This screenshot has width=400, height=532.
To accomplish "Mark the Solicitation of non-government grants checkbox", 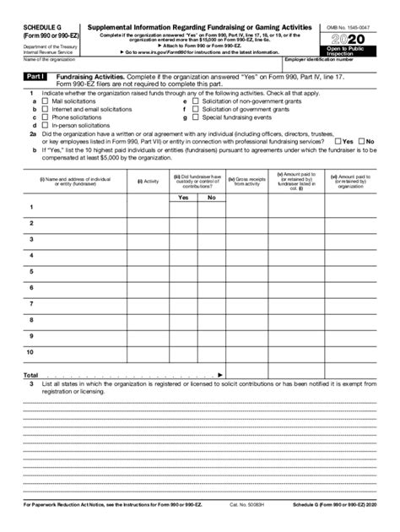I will [x=195, y=100].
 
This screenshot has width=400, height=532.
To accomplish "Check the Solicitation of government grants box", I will [x=195, y=109].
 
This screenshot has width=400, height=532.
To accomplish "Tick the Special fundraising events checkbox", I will [x=195, y=117].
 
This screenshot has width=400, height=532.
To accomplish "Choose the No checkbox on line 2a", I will [x=360, y=141].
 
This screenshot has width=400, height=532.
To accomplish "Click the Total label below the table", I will [x=30, y=374].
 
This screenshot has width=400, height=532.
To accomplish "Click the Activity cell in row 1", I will [x=148, y=207].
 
